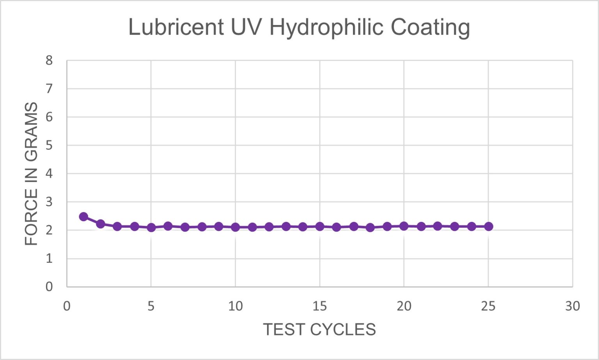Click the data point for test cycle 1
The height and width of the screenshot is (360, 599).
point(83,217)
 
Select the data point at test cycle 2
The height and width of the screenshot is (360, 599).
point(101,224)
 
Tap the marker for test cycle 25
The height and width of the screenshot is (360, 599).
point(489,226)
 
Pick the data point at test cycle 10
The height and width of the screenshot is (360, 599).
point(235,227)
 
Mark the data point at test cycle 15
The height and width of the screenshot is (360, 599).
point(320,226)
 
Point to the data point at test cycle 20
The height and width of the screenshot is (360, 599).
point(404,226)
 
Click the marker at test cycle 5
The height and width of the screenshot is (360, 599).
point(151,227)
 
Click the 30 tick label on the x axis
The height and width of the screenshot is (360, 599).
point(572,307)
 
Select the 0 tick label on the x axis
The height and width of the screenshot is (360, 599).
point(67,307)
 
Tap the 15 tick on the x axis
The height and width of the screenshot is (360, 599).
point(320,307)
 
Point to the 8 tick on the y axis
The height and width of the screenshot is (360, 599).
point(49,60)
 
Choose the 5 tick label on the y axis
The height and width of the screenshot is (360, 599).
point(49,145)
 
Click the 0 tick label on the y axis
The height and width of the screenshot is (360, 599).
point(49,287)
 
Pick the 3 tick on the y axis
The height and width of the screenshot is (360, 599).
point(49,202)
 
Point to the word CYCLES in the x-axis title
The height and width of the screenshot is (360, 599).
point(343,330)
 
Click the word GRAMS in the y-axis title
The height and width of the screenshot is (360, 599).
point(31,132)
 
